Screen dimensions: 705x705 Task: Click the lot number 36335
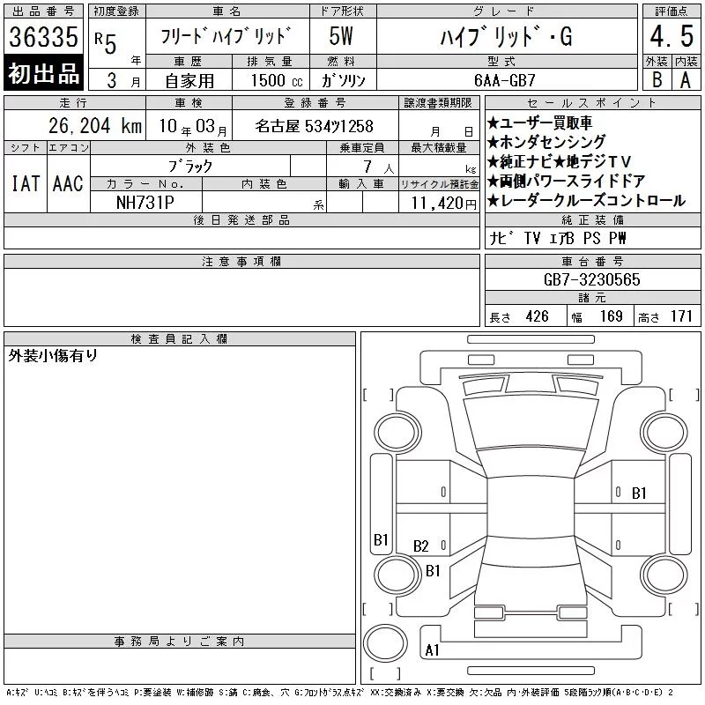43,37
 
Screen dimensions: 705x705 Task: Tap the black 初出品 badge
43,73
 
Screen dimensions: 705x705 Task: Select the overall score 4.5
672,36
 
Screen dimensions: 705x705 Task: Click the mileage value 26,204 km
95,126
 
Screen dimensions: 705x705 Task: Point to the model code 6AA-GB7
504,80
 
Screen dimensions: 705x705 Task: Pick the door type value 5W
341,36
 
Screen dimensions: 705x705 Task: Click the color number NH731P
145,203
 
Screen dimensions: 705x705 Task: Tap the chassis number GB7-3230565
591,279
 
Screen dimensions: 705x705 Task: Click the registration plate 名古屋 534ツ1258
315,126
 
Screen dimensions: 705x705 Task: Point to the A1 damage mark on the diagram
432,650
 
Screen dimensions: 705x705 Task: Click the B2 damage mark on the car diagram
421,546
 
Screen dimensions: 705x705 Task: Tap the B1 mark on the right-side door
639,493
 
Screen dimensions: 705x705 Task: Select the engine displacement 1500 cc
277,81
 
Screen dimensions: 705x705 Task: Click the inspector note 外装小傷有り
53,356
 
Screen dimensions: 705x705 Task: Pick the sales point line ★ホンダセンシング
546,142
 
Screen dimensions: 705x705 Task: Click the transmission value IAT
26,183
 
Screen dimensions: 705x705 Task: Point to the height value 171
681,316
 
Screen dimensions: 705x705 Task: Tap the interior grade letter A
686,80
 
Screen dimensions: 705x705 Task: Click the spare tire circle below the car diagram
385,643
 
